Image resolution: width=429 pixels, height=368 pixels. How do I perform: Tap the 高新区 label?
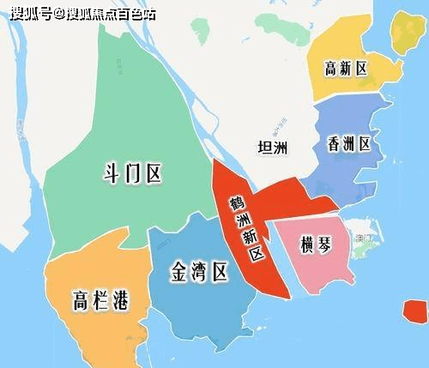(346, 69)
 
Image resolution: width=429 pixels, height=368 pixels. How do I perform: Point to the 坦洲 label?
(274, 147)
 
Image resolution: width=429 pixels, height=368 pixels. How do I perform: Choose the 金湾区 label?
(197, 273)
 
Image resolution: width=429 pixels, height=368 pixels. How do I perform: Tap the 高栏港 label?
(100, 300)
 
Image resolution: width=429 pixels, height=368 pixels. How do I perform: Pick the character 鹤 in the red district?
(233, 203)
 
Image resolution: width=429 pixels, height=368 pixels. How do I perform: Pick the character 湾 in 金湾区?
(197, 273)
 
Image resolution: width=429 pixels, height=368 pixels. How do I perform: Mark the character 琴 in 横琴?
(328, 244)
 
